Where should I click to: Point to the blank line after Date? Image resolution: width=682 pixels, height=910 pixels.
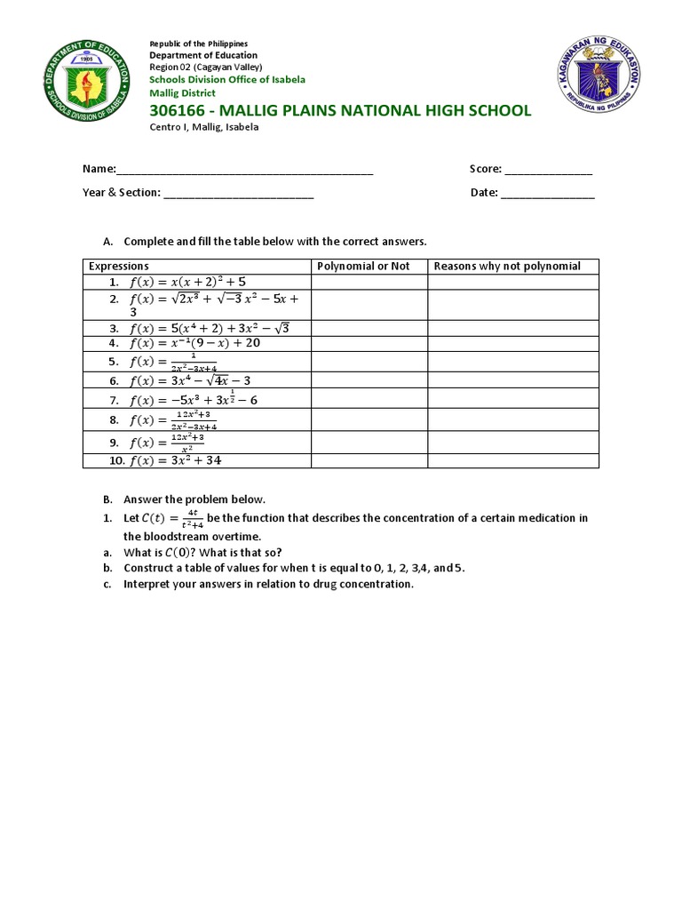(x=548, y=193)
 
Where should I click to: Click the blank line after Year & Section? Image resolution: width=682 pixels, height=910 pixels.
(x=238, y=193)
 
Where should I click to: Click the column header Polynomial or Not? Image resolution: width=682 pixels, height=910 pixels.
(x=364, y=266)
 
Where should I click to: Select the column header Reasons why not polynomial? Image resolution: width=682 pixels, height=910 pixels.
(x=507, y=266)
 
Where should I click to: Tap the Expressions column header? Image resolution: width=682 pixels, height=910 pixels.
(x=118, y=266)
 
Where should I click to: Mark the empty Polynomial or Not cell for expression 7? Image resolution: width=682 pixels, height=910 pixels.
(x=369, y=399)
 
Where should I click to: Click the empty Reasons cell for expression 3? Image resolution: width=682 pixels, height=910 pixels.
(x=513, y=327)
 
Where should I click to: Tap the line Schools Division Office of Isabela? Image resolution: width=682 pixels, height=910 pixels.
(x=227, y=79)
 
